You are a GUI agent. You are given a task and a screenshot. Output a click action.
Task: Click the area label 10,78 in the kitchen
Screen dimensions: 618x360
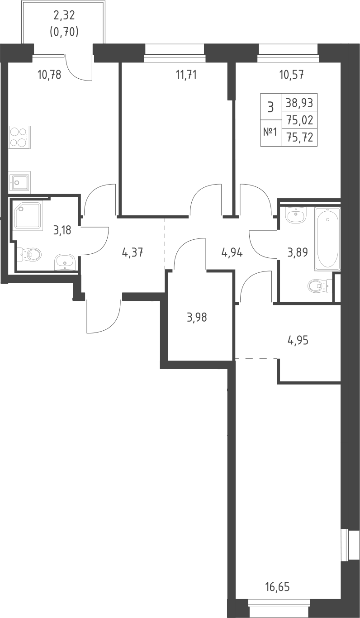(49, 74)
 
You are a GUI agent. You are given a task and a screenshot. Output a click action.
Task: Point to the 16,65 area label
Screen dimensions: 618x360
(277, 588)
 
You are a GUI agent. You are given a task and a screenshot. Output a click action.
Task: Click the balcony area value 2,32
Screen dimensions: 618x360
(64, 16)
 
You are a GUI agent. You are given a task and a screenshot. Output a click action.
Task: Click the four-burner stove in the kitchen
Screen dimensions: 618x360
(19, 138)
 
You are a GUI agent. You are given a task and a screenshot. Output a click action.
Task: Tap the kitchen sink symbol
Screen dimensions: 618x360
(19, 183)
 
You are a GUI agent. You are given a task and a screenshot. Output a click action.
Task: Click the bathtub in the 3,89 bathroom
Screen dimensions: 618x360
(327, 238)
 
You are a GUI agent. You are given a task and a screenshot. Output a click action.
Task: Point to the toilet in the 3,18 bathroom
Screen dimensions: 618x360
(29, 254)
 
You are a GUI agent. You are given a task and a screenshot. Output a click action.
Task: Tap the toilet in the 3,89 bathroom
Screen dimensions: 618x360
(318, 285)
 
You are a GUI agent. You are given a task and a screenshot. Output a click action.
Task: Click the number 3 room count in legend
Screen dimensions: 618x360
(270, 107)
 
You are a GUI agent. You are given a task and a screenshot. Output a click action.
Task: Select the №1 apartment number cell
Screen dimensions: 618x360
(270, 133)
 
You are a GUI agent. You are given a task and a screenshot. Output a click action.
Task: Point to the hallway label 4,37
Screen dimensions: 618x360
(133, 252)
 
